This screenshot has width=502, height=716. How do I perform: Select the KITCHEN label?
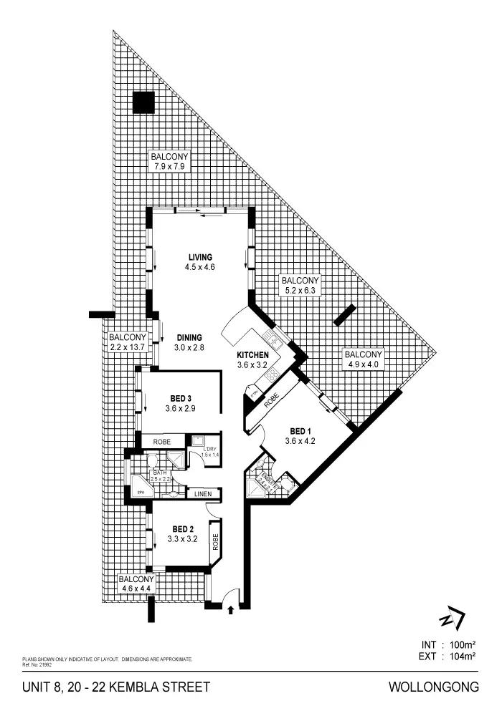[x=253, y=355]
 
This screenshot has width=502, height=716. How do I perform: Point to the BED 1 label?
[x=300, y=431]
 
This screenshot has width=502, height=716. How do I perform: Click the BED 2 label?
[x=183, y=529]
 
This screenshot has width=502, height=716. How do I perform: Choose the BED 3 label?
[x=180, y=398]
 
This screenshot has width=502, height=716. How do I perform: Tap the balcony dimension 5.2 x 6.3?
[x=300, y=291]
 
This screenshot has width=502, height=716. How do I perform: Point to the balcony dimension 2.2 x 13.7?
[x=127, y=347]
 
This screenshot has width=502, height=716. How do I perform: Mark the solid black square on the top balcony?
[x=143, y=103]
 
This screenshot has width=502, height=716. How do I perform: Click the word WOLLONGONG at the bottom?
[x=434, y=687]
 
